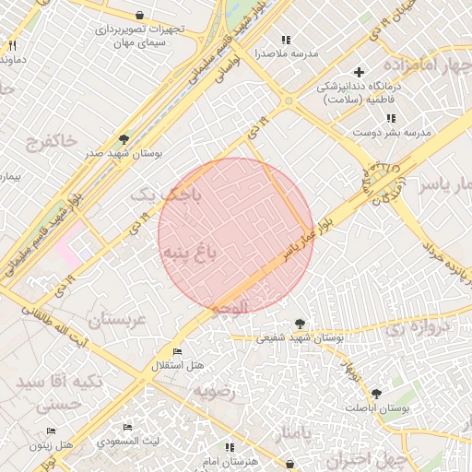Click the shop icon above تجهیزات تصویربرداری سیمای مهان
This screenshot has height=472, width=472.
139,16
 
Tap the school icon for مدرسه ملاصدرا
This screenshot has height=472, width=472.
286,40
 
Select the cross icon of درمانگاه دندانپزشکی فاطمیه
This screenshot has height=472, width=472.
360,72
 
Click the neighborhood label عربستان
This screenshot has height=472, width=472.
117,321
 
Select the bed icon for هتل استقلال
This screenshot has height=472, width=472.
177,352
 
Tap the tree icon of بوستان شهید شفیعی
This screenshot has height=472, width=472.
300,323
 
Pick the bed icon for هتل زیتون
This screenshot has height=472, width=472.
51,431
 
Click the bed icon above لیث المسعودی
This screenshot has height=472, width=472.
127,427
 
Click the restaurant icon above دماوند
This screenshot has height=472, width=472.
12,45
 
